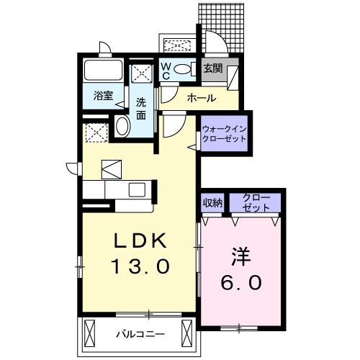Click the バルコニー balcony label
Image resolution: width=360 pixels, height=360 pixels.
tap(140, 334)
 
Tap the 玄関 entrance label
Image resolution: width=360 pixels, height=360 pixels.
tap(213, 70)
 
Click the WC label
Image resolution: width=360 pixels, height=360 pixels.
tap(165, 71)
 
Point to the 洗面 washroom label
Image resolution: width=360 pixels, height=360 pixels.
tap(141, 108)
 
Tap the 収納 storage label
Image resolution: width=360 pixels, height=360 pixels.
tap(212, 202)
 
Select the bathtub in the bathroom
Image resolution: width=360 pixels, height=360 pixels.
tap(103, 71)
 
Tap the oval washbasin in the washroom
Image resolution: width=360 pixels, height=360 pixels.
tap(123, 127)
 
